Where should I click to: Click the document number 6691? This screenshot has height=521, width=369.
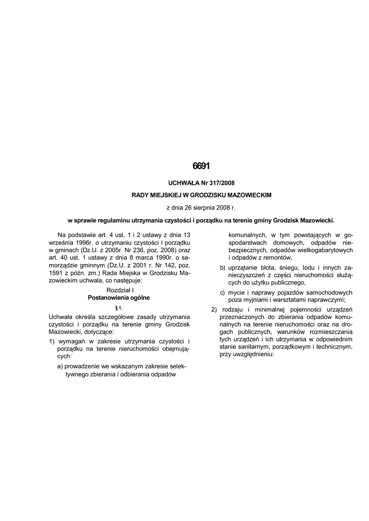click(x=201, y=166)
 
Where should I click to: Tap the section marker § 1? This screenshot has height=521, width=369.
click(x=118, y=308)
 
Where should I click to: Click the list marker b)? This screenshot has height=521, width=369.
click(x=223, y=267)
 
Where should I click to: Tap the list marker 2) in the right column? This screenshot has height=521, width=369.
click(x=214, y=310)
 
